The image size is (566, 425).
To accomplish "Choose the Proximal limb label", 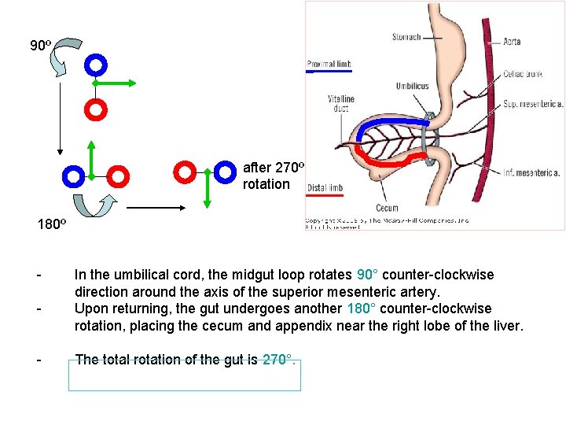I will tap(329, 65).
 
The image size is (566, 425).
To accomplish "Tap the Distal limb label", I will tap(326, 188).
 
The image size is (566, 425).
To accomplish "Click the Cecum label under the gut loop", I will tap(388, 209).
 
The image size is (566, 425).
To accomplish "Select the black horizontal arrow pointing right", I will tap(155, 208).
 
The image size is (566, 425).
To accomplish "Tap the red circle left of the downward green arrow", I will tap(185, 171).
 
